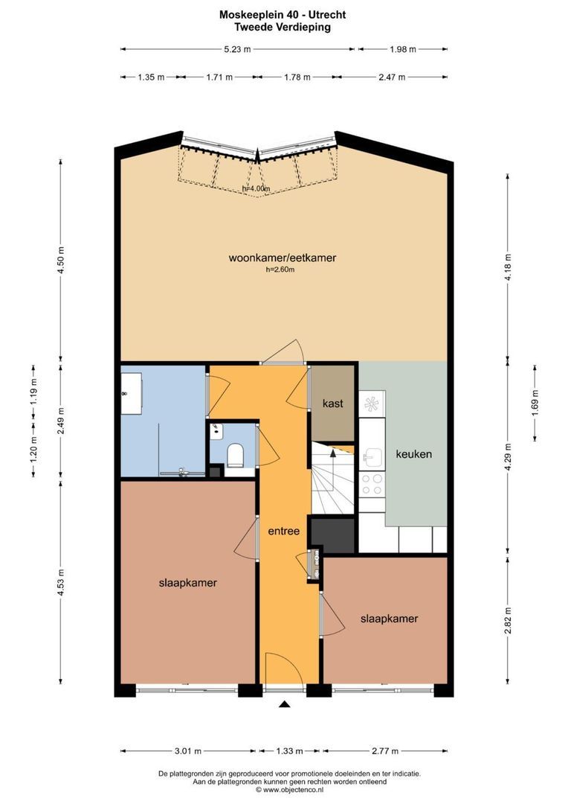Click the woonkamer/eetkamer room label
[283, 258]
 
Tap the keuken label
[413, 453]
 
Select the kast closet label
[332, 403]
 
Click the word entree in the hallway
[284, 531]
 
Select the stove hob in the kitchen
[371, 485]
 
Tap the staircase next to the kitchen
[332, 484]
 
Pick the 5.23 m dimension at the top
[237, 49]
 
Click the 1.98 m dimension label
[402, 49]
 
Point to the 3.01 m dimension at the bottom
[188, 750]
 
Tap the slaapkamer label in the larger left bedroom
[188, 583]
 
